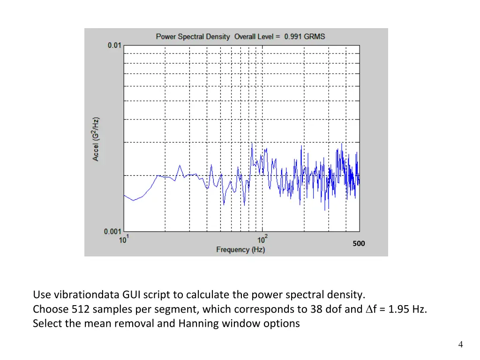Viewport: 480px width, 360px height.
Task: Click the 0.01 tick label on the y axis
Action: pos(114,45)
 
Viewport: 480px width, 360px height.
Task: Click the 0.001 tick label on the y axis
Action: pos(112,231)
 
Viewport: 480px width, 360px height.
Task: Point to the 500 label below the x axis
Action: pos(359,243)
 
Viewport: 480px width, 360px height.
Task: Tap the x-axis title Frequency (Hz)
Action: pos(240,249)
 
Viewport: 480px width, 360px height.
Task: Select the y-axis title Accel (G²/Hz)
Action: pos(96,139)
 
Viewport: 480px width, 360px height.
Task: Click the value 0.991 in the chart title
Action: pos(293,36)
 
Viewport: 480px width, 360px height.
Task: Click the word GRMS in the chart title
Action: pos(315,36)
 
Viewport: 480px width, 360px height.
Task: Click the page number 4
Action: pos(461,345)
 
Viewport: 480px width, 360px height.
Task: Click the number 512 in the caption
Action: pos(81,309)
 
